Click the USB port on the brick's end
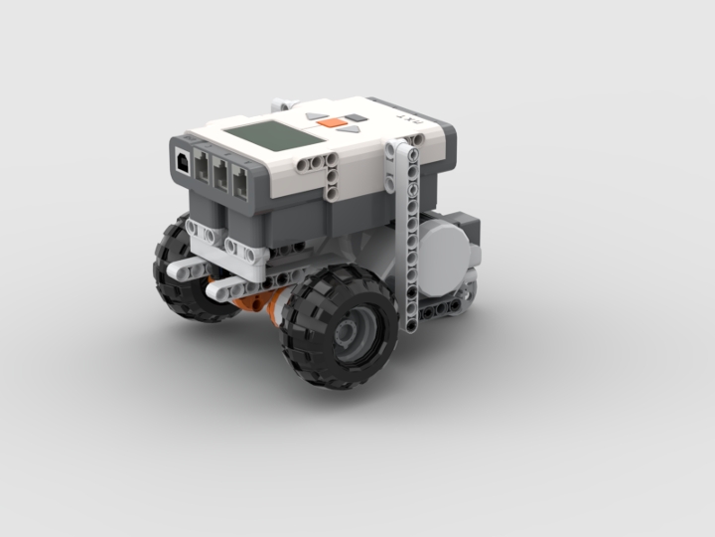pos(185,160)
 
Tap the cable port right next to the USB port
pos(203,167)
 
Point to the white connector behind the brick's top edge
pos(286,102)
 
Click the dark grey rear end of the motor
pos(465,228)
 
